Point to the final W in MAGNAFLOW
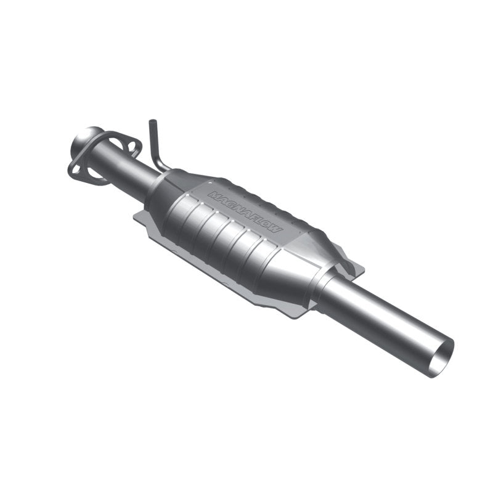[x=278, y=229]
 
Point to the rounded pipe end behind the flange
[x=86, y=137]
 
